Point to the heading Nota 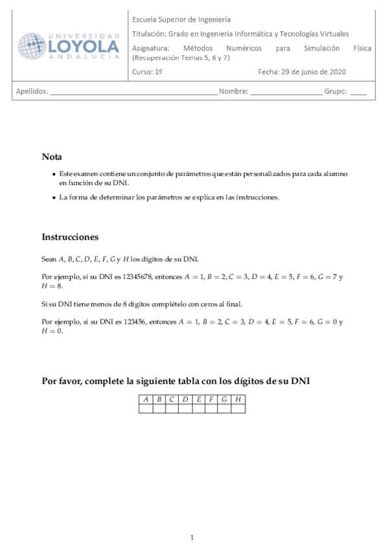52,157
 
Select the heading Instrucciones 70,237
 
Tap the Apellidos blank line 133,92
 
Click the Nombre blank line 286,92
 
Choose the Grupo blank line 358,92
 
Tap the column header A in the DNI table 146,399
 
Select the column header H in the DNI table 238,399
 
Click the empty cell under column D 185,408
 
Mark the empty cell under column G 225,408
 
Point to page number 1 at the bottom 192,537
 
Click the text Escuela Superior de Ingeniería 181,20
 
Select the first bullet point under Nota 53,175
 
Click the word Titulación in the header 150,34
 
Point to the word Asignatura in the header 150,48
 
